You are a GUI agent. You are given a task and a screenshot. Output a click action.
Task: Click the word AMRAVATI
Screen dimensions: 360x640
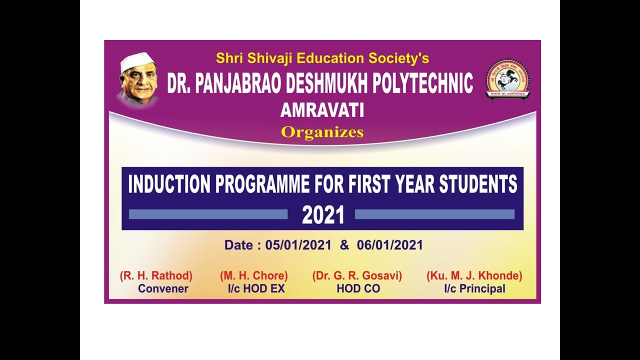coord(322,110)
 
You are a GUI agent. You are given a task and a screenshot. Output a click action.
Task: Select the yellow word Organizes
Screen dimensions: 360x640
coord(322,132)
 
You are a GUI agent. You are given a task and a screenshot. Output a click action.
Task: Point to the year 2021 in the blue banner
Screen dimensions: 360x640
coord(323,215)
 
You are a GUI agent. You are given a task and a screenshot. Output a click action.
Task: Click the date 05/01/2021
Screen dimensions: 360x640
coord(298,245)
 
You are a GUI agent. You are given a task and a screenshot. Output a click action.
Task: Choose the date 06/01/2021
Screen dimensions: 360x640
coord(390,245)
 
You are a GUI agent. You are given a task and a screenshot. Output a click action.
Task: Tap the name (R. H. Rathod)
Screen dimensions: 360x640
coord(156,275)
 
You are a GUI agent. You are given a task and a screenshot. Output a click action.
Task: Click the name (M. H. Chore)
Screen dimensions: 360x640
coord(254,275)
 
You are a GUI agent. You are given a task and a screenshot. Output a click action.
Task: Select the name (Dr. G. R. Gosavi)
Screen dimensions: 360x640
coord(357,275)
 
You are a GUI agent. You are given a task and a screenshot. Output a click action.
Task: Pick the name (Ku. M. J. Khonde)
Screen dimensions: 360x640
coord(474,275)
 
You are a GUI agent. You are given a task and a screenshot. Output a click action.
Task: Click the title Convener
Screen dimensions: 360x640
coord(163,288)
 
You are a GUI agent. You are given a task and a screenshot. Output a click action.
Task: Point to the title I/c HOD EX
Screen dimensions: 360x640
coord(255,288)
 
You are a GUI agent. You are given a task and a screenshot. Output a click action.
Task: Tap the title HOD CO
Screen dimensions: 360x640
coord(358,288)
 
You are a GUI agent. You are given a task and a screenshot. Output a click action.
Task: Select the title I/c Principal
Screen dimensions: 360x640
coord(474,288)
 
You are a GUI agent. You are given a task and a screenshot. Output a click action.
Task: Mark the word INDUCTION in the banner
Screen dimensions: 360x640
coord(170,184)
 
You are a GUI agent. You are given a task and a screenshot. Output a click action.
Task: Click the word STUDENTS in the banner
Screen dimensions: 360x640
coord(478,184)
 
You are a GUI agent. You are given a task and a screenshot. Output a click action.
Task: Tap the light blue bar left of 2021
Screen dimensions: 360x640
coord(208,214)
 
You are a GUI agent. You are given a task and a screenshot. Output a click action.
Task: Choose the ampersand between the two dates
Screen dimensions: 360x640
coord(344,245)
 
